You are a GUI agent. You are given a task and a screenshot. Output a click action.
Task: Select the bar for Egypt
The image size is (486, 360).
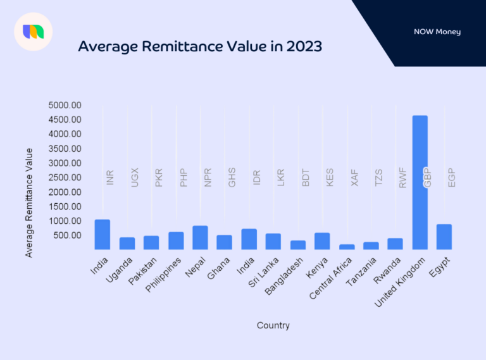click(444, 237)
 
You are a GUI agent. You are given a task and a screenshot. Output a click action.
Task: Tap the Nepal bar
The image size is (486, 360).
click(200, 237)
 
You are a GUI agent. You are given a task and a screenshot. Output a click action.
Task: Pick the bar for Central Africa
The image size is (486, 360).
click(347, 247)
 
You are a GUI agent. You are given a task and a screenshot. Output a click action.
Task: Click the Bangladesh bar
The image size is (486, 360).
click(298, 245)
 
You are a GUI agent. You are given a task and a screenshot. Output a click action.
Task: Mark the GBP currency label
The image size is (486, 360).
click(427, 178)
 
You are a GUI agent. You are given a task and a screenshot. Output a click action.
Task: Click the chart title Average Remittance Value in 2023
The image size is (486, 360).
click(199, 47)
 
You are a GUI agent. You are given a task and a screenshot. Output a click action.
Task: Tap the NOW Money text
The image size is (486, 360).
click(437, 32)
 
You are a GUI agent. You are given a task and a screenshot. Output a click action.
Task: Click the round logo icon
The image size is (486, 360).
click(33, 31)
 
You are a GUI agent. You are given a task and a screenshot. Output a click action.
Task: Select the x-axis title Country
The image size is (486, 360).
click(273, 325)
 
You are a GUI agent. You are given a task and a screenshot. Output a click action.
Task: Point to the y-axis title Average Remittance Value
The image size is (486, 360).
click(29, 202)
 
